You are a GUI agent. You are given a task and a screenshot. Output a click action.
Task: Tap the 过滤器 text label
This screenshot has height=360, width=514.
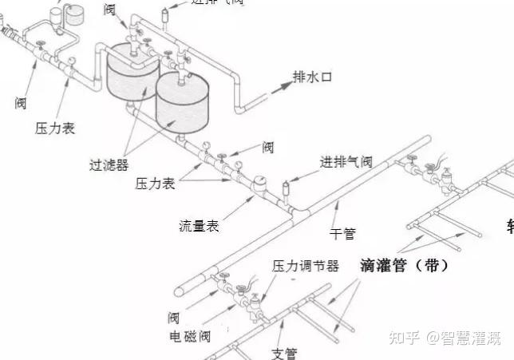(x=109, y=166)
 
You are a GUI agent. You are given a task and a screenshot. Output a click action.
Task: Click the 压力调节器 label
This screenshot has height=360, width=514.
(x=306, y=265)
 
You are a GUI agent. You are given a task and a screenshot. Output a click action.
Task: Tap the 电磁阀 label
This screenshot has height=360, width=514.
(x=189, y=336)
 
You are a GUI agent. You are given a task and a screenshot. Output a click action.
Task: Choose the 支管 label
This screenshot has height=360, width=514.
(x=284, y=352)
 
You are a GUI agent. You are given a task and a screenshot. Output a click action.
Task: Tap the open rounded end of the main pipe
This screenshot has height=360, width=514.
(x=182, y=289)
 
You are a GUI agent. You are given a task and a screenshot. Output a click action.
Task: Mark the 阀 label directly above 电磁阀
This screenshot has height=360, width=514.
(x=174, y=315)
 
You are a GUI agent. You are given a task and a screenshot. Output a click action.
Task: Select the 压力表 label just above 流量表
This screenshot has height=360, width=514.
(x=156, y=183)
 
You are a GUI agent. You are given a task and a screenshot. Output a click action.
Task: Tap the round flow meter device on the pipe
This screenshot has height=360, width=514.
(x=259, y=183)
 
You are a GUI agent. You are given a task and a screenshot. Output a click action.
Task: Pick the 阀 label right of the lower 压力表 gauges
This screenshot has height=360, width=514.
(x=268, y=147)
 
